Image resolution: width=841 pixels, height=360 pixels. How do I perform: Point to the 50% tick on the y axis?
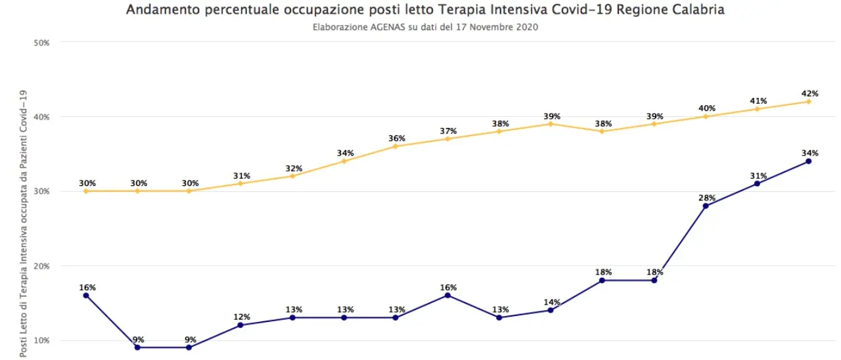(x=42, y=43)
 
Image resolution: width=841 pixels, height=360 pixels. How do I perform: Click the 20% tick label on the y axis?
(x=42, y=266)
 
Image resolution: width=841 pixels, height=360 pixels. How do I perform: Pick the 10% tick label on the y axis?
(x=42, y=340)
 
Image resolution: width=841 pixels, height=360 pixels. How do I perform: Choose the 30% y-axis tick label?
(x=42, y=192)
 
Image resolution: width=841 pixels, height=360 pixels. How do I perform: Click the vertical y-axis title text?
(x=24, y=223)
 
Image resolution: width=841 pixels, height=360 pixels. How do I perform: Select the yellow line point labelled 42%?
(x=808, y=101)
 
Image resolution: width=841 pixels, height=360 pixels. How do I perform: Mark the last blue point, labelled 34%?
(x=808, y=161)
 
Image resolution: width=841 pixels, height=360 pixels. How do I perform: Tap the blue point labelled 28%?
(x=706, y=206)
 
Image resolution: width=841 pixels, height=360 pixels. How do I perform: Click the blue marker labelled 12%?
(x=240, y=325)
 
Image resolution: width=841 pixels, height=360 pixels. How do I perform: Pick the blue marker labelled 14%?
(x=551, y=310)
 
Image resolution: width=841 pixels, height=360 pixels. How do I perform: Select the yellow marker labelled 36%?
(x=396, y=146)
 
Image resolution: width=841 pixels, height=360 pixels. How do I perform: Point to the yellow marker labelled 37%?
(x=447, y=139)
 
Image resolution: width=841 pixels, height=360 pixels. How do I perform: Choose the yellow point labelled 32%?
(x=292, y=176)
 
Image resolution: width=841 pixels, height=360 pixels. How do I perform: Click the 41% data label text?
(x=758, y=101)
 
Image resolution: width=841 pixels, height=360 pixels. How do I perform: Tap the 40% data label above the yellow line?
(x=706, y=108)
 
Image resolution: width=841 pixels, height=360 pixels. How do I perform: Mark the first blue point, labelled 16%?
(x=86, y=296)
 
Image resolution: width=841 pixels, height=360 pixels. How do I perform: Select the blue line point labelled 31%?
(x=757, y=183)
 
